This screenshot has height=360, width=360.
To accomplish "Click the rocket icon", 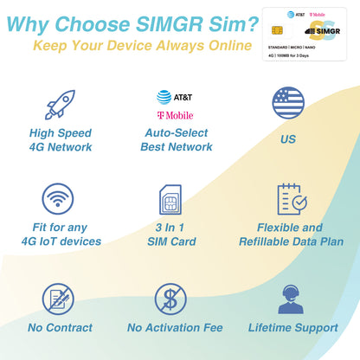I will (x=60, y=105).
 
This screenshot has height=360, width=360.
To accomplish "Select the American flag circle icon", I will (x=289, y=102).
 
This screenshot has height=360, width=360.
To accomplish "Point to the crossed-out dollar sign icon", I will (x=170, y=299).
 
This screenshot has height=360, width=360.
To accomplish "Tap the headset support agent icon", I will (x=291, y=298).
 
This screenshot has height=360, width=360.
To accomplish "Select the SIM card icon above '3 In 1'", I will (x=170, y=200).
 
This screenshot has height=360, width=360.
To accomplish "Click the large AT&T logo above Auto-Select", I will (x=175, y=97).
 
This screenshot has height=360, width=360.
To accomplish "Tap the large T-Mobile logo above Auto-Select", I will (x=175, y=115).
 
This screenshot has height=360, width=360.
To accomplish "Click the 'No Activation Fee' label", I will (x=175, y=328).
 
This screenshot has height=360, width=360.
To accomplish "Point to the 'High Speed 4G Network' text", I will (x=61, y=139).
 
